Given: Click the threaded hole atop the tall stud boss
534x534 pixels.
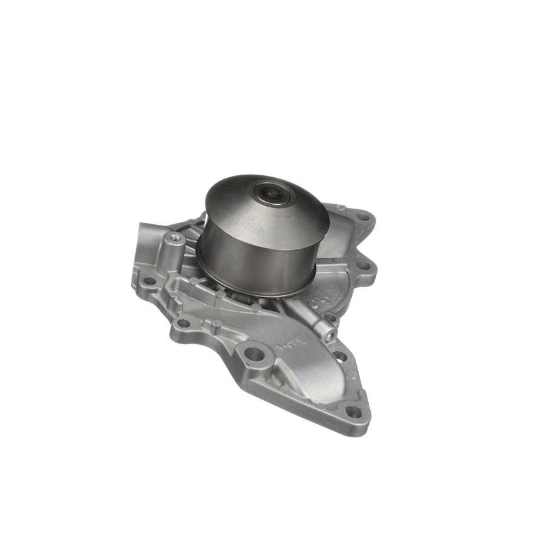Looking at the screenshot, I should pos(173,238).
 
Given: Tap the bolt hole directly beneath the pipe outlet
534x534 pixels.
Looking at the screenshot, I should pos(150,281).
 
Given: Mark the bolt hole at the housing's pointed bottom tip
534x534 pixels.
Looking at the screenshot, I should pos(354,412).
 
